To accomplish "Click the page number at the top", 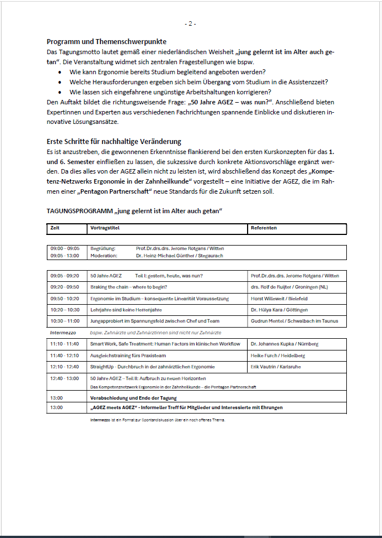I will point(191,23).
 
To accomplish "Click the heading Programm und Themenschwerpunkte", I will point(107,42).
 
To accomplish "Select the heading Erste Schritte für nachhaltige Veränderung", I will point(114,142).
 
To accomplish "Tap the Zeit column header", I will point(55,228).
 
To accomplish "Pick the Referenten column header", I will point(264,228).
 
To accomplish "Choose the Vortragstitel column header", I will point(105,228).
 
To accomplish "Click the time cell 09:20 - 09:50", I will point(65,287).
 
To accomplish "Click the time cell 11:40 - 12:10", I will point(65,356).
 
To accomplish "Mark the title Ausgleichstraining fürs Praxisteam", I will point(128,356).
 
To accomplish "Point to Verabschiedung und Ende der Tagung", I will point(133,398).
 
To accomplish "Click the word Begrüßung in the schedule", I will point(103,248).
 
